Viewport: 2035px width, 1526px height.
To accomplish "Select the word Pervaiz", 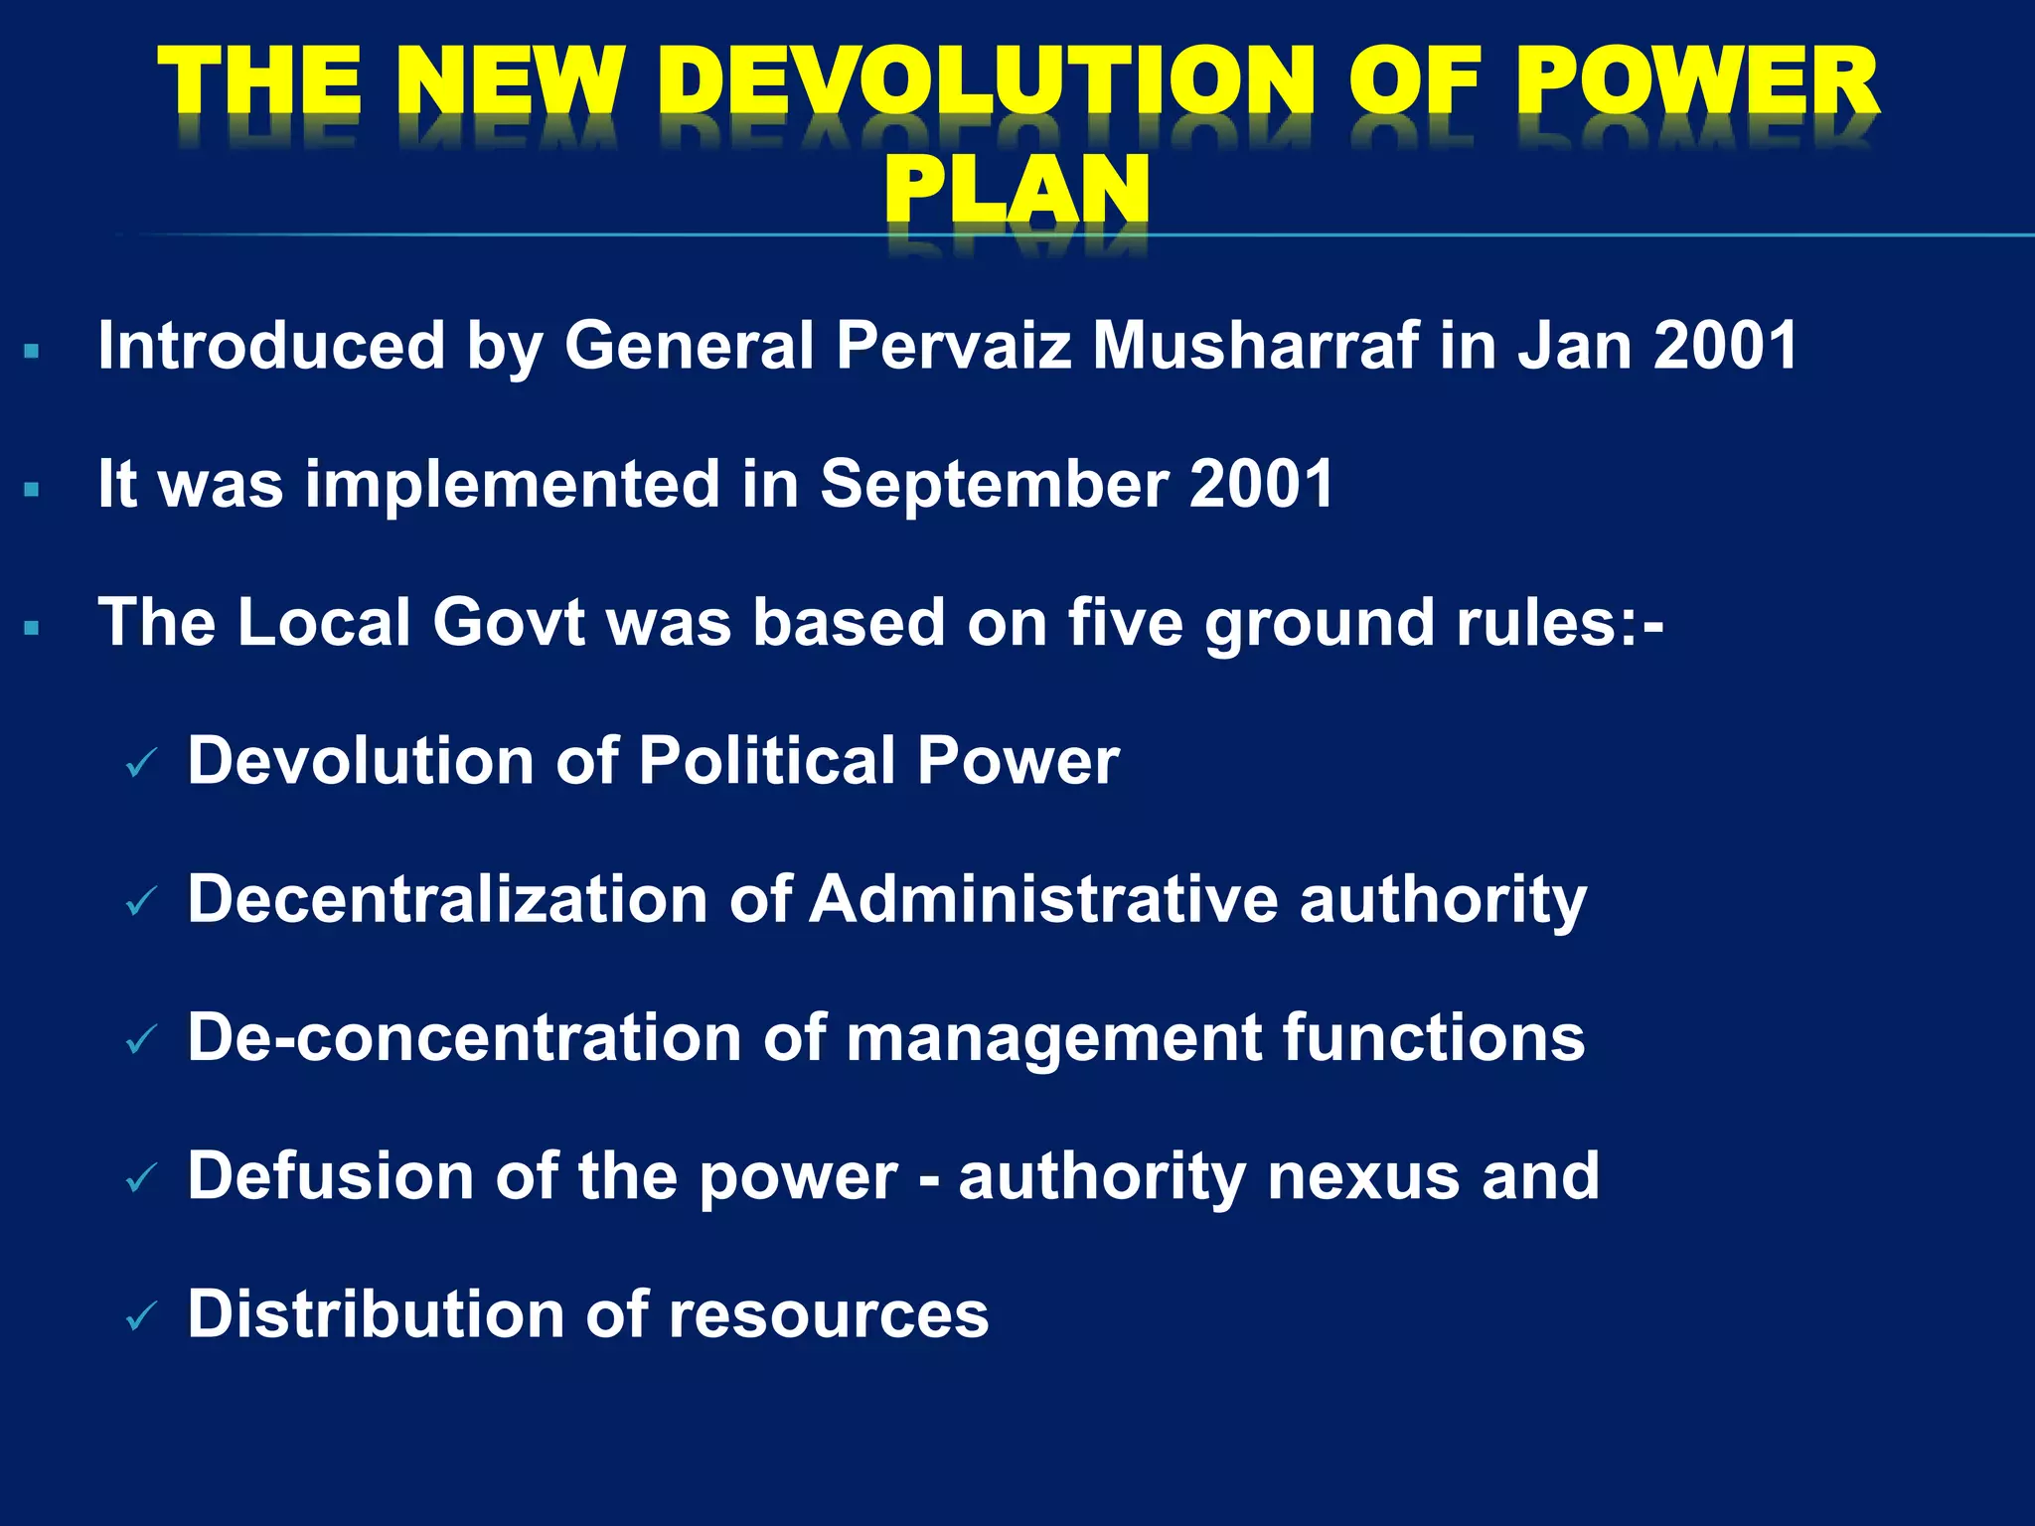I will click(953, 346).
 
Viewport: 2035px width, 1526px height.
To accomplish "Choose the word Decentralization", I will click(447, 899).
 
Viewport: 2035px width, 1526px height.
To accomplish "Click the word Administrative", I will click(1043, 899).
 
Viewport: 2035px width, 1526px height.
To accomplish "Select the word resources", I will click(829, 1314).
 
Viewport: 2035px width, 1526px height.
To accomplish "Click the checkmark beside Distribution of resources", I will click(142, 1318).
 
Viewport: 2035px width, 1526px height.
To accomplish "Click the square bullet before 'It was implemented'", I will click(32, 489).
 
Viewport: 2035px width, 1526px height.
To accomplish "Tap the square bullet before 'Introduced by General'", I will click(32, 351).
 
